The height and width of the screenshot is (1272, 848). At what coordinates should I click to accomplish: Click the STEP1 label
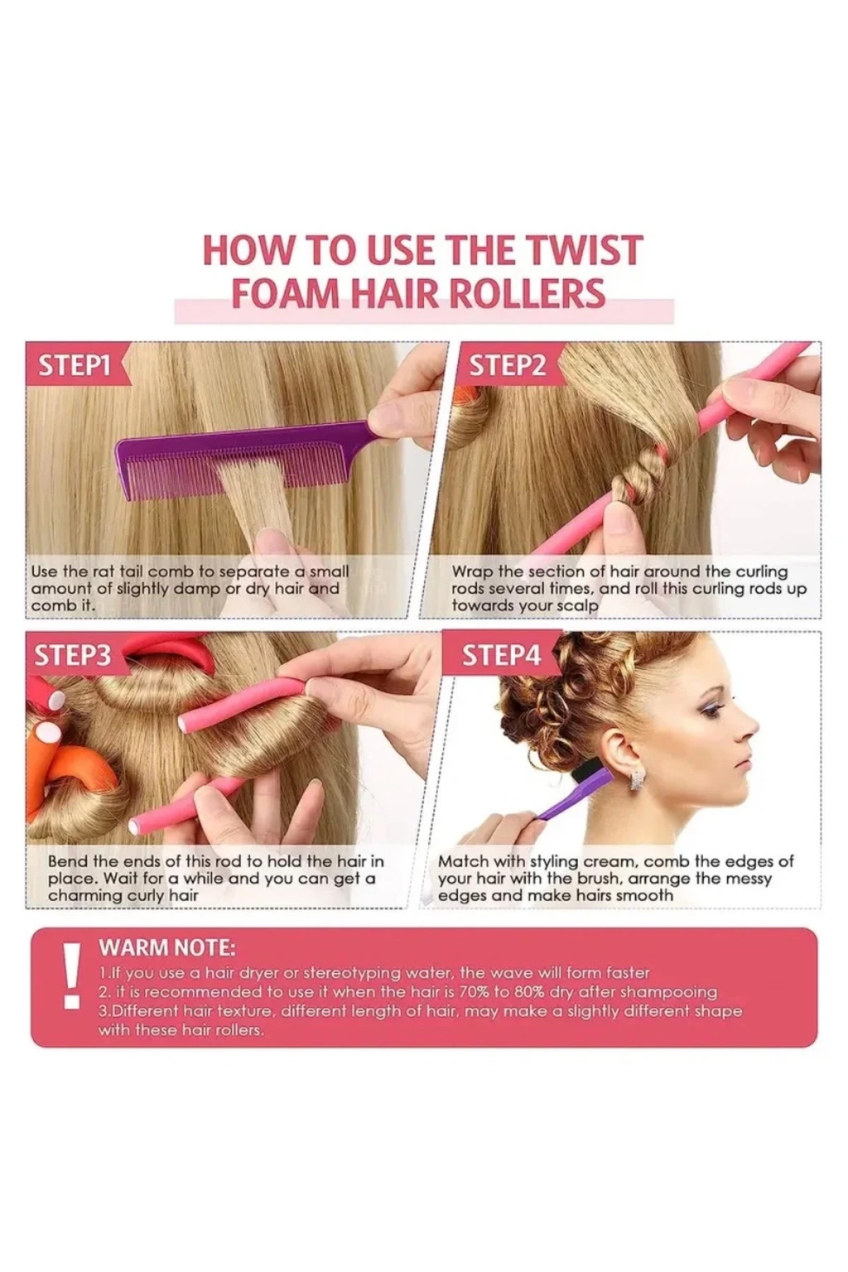(x=74, y=366)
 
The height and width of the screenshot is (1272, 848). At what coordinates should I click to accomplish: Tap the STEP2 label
(x=507, y=366)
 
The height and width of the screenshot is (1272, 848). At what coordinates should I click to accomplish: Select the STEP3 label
(x=72, y=656)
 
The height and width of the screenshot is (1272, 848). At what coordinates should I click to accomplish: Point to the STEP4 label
(x=502, y=656)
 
